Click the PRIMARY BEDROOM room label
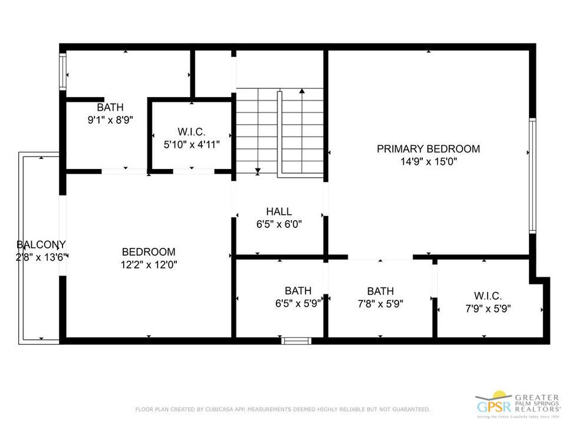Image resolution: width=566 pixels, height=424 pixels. (428, 149)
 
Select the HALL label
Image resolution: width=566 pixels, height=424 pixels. (279, 211)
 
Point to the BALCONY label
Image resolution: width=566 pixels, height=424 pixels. (41, 244)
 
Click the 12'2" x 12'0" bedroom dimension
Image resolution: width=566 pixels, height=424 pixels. (149, 264)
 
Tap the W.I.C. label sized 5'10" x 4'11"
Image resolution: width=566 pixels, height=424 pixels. (192, 131)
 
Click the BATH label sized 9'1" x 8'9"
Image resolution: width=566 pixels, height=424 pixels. (110, 107)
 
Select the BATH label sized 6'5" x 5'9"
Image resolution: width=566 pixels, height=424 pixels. (298, 290)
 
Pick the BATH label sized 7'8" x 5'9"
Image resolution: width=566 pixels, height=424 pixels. (380, 291)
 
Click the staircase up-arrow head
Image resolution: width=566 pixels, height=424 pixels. (302, 91)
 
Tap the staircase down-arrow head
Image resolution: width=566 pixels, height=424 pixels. (258, 171)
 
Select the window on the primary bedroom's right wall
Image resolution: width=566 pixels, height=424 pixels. (532, 175)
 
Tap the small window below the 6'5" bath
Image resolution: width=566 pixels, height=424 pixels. (297, 340)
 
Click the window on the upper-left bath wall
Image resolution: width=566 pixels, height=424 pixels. (62, 71)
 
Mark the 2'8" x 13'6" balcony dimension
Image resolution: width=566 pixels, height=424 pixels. (42, 257)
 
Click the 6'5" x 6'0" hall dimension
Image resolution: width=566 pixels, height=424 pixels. (279, 224)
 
